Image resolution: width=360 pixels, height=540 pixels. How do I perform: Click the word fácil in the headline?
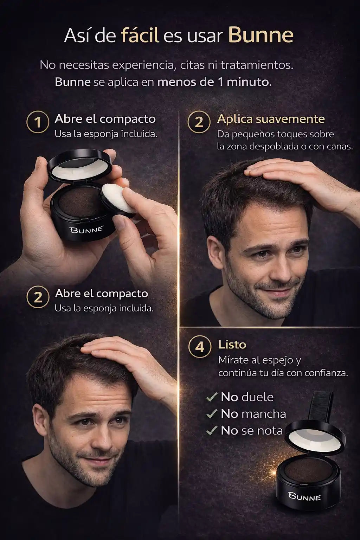pyautogui.click(x=140, y=36)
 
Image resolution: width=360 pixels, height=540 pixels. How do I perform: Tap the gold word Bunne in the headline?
pyautogui.click(x=261, y=36)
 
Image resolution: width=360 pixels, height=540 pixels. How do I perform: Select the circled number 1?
pyautogui.click(x=38, y=122)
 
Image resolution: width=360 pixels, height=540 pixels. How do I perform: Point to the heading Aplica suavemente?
pyautogui.click(x=271, y=119)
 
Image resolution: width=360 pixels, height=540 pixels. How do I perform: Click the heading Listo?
pyautogui.click(x=232, y=345)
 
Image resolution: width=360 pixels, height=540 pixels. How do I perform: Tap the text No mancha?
pyautogui.click(x=253, y=414)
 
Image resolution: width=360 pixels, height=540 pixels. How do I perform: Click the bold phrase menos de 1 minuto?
pyautogui.click(x=214, y=82)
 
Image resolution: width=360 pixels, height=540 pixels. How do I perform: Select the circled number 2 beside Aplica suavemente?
pyautogui.click(x=199, y=122)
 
